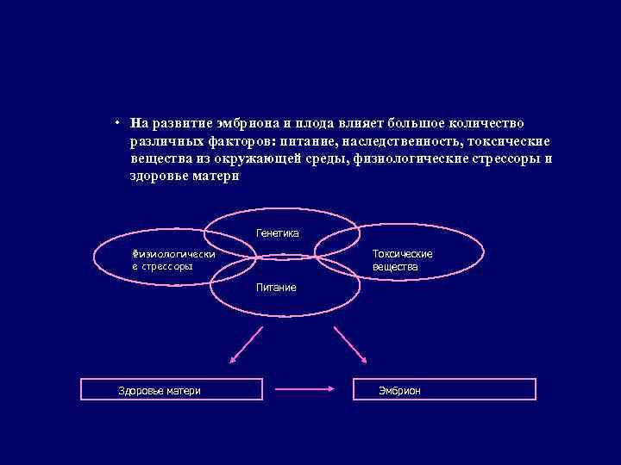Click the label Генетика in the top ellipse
pyautogui.click(x=277, y=232)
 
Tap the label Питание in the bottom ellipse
pyautogui.click(x=275, y=287)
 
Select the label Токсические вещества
pyautogui.click(x=402, y=260)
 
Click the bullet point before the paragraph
pyautogui.click(x=114, y=123)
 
